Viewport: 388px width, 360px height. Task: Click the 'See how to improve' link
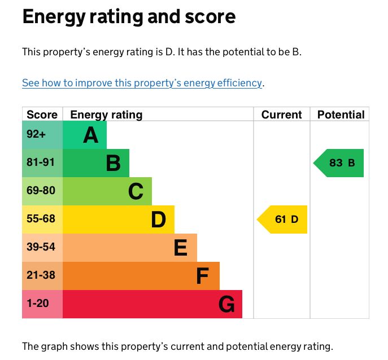click(x=142, y=83)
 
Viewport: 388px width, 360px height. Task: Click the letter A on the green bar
click(x=90, y=135)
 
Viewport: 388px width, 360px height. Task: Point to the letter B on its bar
click(x=113, y=164)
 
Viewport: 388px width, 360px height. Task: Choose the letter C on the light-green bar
click(x=136, y=192)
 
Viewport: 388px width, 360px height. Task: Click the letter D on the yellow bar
click(x=159, y=220)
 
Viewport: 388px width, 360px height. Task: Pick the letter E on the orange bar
click(x=181, y=248)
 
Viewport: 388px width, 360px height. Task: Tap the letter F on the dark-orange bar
click(x=202, y=276)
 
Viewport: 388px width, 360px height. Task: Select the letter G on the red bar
click(x=226, y=305)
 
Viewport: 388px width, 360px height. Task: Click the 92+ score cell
click(x=36, y=134)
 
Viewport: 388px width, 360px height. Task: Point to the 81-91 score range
click(x=41, y=163)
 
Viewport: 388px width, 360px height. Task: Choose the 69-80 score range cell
click(x=41, y=191)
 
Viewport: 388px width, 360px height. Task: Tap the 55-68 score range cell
click(x=41, y=219)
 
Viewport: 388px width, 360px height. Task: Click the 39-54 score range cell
click(x=41, y=247)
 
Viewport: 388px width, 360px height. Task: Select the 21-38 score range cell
click(x=41, y=275)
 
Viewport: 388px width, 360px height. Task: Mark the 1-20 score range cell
click(x=38, y=304)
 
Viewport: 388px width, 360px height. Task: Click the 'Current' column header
click(x=281, y=115)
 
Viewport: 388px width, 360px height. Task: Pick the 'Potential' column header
click(x=341, y=115)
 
